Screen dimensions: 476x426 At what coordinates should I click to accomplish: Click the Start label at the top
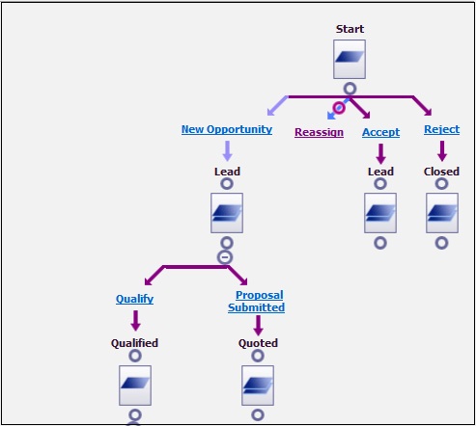tap(350, 29)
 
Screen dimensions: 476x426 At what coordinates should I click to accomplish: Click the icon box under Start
tap(350, 59)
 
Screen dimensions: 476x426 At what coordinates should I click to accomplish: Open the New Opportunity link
tap(227, 129)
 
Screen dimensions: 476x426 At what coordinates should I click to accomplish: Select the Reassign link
tap(319, 132)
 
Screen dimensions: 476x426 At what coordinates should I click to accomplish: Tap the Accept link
tap(381, 132)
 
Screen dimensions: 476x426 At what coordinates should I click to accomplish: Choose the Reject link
tap(442, 129)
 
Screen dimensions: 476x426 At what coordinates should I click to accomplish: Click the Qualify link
tap(134, 299)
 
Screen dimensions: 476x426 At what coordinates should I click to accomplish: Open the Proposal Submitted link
tap(257, 301)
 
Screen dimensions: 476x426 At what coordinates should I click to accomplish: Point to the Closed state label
tap(441, 172)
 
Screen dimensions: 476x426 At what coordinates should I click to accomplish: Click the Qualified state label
tap(134, 343)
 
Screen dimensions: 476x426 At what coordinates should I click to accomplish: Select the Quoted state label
tap(258, 343)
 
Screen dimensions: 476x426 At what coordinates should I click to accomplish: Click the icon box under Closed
tap(442, 213)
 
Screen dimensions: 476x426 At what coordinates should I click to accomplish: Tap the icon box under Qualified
tap(135, 386)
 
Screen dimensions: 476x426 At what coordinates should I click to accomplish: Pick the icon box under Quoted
tap(258, 386)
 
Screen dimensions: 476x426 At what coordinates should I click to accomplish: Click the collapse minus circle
tap(225, 257)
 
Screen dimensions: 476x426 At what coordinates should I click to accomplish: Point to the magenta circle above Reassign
tap(339, 107)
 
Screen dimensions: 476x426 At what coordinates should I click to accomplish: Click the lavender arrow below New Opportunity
tap(228, 150)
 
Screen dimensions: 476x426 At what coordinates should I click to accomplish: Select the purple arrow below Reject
tap(442, 150)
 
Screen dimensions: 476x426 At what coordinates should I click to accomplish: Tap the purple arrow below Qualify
tap(136, 321)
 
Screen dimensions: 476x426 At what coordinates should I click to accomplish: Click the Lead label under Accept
tap(380, 172)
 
